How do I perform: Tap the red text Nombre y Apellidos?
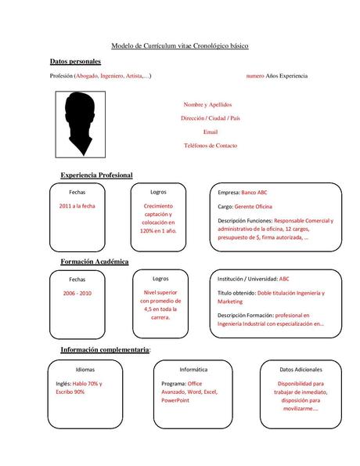[x=207, y=104]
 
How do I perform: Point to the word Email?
[x=210, y=132]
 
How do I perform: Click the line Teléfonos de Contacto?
[x=210, y=146]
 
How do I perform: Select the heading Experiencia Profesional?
[x=96, y=175]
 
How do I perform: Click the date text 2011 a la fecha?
[x=77, y=205]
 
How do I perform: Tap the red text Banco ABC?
[x=254, y=192]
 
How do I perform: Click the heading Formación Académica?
[x=95, y=261]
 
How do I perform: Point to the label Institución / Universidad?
[x=247, y=278]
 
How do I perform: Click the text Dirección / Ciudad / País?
[x=210, y=118]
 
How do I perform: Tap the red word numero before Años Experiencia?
[x=255, y=75]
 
